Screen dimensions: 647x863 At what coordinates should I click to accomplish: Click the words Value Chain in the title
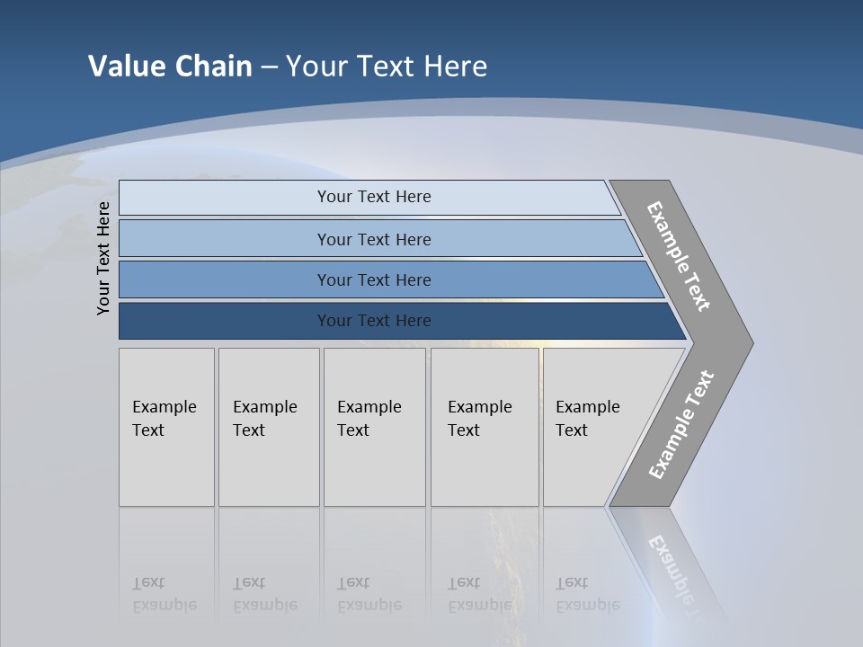[x=170, y=66]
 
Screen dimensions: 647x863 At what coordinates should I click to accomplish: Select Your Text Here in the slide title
[x=387, y=66]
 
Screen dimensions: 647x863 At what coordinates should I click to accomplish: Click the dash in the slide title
[x=269, y=67]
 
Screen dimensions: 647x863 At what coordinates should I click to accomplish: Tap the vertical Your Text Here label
[x=103, y=258]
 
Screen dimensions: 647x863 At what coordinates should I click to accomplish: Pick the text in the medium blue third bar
[x=374, y=280]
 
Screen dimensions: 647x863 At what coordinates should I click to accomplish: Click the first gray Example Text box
[x=166, y=427]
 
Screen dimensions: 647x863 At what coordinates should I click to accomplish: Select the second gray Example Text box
[x=269, y=427]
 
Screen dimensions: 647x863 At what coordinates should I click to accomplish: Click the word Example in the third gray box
[x=369, y=407]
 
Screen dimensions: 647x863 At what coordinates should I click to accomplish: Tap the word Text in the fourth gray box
[x=464, y=430]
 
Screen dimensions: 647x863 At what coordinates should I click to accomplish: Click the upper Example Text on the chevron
[x=679, y=256]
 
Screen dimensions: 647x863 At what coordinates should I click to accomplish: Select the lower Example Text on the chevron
[x=681, y=424]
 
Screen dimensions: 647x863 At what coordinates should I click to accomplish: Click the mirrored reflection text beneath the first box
[x=164, y=595]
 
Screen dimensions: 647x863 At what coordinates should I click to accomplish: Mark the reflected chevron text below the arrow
[x=678, y=571]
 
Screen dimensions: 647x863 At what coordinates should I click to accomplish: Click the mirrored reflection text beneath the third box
[x=369, y=595]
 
